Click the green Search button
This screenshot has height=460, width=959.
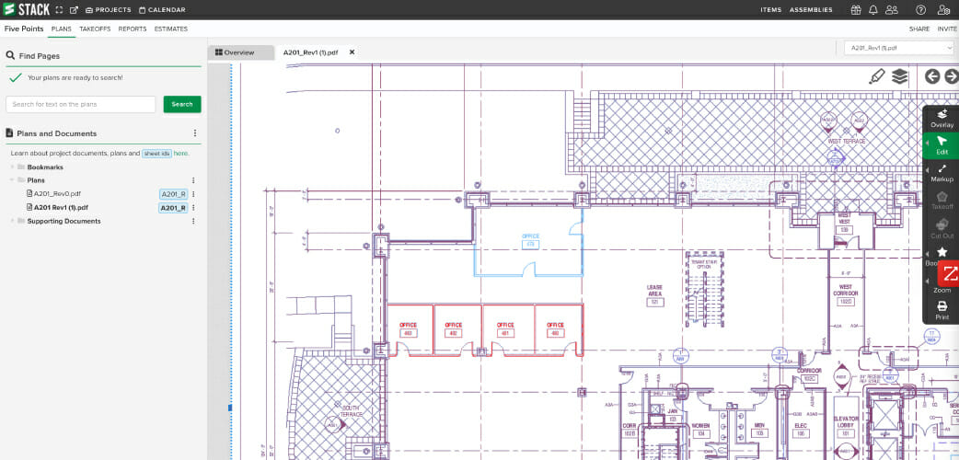pyautogui.click(x=182, y=104)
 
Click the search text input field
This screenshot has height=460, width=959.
pyautogui.click(x=81, y=104)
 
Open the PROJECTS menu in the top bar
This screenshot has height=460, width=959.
pyautogui.click(x=109, y=10)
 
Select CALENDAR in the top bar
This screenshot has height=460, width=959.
pyautogui.click(x=162, y=10)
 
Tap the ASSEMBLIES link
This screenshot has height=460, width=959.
pyautogui.click(x=811, y=10)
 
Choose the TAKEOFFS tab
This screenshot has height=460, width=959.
pyautogui.click(x=95, y=29)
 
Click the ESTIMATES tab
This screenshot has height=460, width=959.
pyautogui.click(x=171, y=29)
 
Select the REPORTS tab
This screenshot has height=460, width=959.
pyautogui.click(x=133, y=29)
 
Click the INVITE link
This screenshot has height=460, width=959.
pyautogui.click(x=946, y=29)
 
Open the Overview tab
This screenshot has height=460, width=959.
pyautogui.click(x=235, y=52)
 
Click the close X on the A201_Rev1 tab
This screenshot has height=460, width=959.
pyautogui.click(x=352, y=52)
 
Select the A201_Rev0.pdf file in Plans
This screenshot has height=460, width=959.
pyautogui.click(x=57, y=194)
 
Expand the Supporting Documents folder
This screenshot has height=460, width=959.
pyautogui.click(x=64, y=221)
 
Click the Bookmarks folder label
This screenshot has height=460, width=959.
pyautogui.click(x=45, y=167)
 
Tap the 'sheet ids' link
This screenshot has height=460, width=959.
pyautogui.click(x=156, y=154)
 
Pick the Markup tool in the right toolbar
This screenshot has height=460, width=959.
pyautogui.click(x=942, y=173)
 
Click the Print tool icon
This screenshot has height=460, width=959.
pyautogui.click(x=942, y=310)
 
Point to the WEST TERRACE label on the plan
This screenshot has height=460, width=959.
pyautogui.click(x=846, y=142)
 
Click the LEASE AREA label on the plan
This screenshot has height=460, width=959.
pyautogui.click(x=654, y=290)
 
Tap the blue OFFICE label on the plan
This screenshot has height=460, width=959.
pyautogui.click(x=530, y=237)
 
